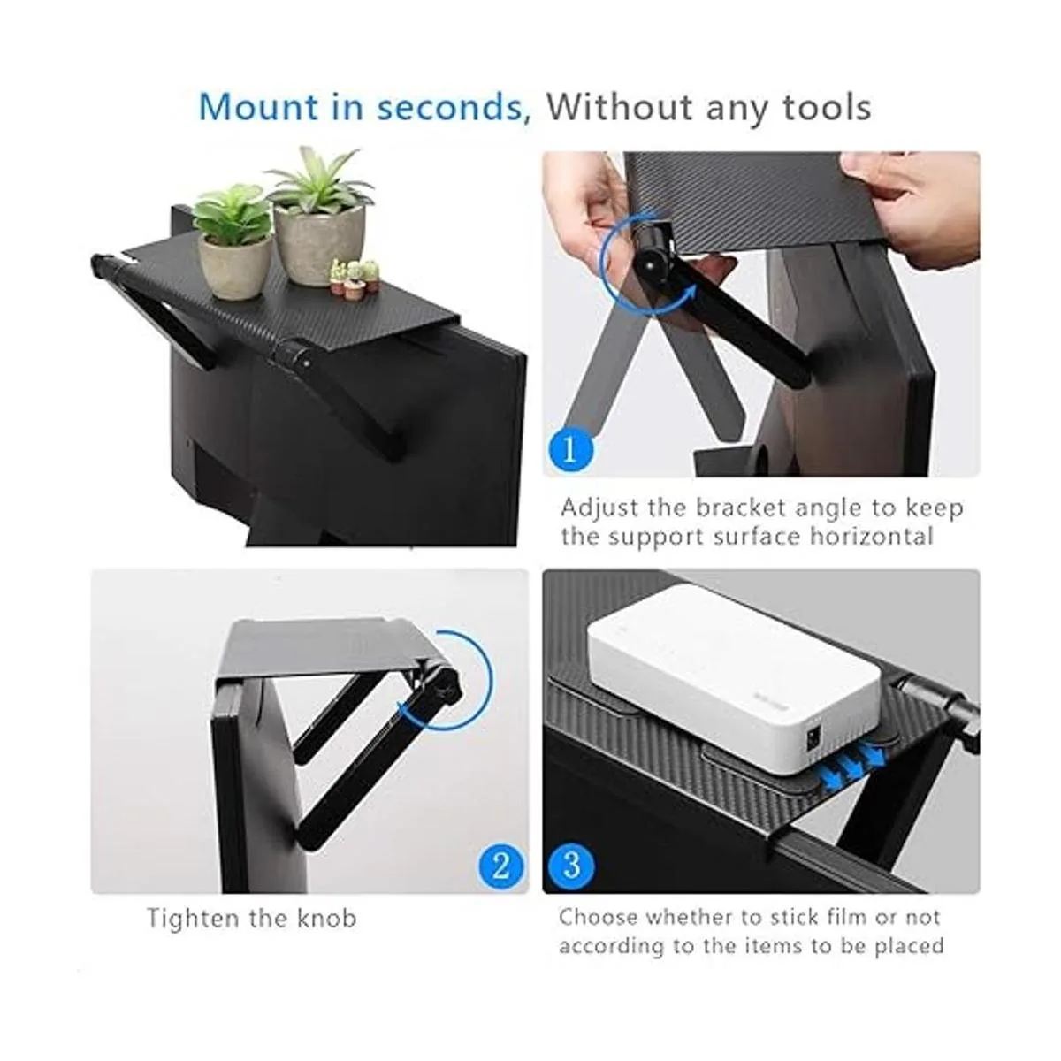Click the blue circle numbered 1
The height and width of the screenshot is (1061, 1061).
570,450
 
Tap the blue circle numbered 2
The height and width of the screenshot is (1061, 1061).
501,866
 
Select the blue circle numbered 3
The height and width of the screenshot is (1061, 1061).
572,866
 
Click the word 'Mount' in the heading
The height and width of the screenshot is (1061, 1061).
257,107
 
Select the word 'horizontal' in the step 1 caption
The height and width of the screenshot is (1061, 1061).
873,537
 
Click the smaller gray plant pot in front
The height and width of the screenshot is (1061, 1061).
235,267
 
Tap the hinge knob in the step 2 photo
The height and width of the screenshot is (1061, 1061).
444,686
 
